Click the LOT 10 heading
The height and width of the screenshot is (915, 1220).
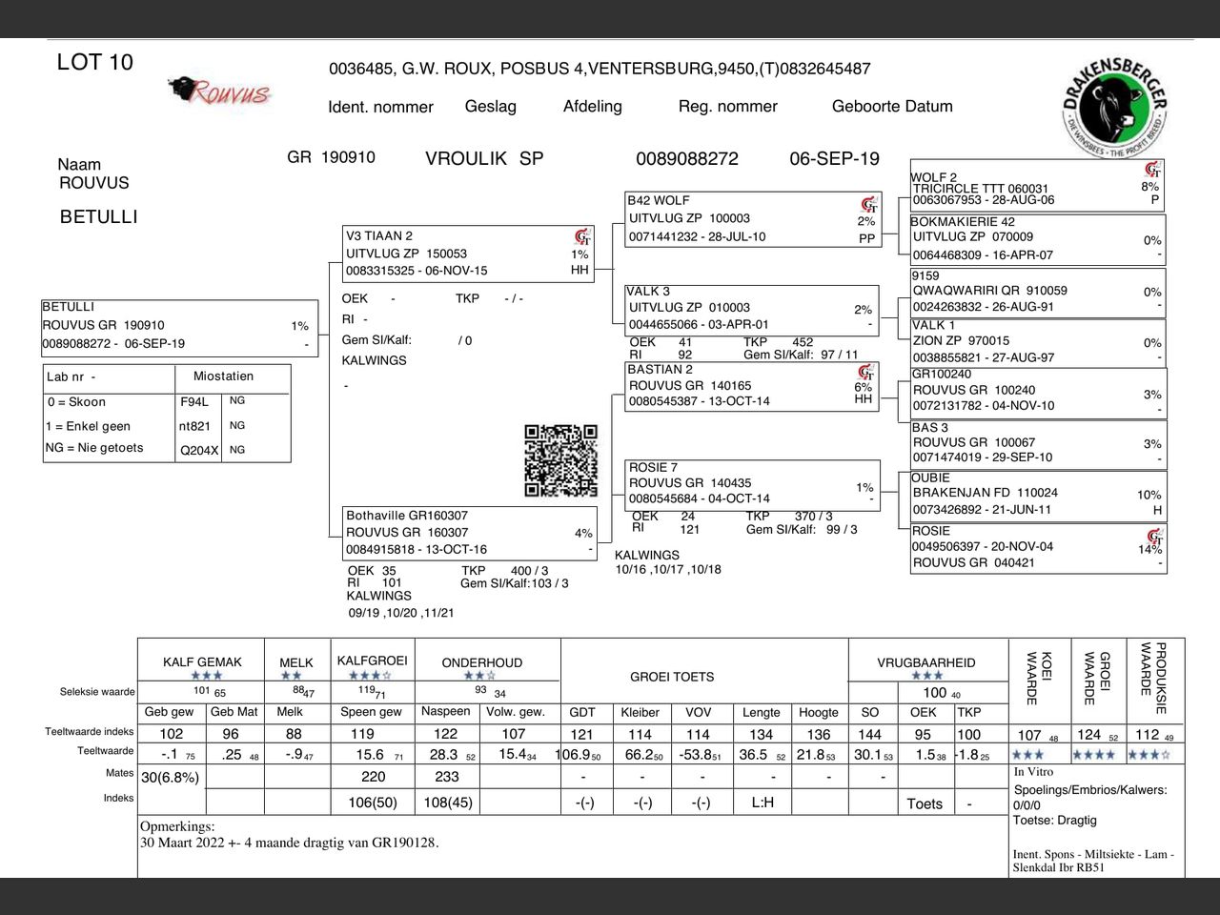click(95, 63)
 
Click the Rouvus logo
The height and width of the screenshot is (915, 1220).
click(219, 91)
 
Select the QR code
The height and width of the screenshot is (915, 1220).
click(560, 461)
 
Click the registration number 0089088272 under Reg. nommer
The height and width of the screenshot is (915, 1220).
click(686, 159)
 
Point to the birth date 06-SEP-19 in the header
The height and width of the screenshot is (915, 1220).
click(834, 159)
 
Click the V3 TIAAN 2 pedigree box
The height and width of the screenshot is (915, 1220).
click(467, 254)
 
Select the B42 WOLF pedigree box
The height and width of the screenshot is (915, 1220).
click(751, 219)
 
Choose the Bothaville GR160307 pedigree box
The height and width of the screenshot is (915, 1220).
click(469, 533)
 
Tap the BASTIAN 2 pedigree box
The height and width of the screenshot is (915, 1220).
click(751, 386)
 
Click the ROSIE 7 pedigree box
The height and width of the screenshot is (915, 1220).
click(751, 483)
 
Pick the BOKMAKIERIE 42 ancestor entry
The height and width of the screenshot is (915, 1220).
click(1036, 238)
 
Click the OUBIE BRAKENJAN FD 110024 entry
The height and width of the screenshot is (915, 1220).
click(1036, 494)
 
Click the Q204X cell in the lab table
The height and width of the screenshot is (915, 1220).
click(199, 451)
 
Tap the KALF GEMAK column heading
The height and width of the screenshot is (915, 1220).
click(202, 662)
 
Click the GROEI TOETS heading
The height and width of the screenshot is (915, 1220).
click(672, 678)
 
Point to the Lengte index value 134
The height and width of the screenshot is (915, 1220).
click(761, 735)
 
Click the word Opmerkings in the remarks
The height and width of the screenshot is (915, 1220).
click(177, 826)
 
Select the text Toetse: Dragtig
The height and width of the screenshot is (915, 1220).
click(1054, 820)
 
